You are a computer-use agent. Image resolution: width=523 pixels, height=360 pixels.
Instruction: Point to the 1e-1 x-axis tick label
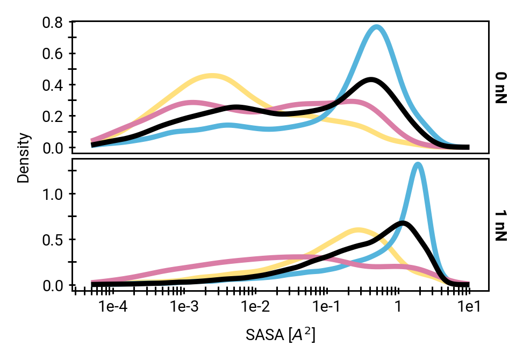click(x=326, y=307)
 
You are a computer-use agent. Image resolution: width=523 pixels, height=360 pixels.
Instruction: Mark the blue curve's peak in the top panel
click(x=377, y=26)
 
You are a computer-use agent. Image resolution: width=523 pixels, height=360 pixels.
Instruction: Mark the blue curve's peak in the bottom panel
click(x=418, y=164)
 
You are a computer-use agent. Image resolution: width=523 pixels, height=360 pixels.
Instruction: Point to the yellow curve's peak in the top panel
click(x=212, y=76)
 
